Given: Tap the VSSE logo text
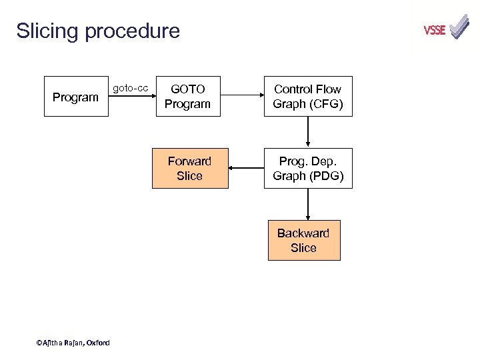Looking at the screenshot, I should (435, 30).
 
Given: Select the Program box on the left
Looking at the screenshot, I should (76, 97).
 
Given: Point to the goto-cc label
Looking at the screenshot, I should (131, 87).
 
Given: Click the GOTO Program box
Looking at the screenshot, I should (187, 97).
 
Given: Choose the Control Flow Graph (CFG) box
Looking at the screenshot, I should (307, 97).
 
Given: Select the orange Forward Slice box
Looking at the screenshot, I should (189, 168).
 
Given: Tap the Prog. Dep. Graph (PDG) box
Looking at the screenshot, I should (307, 168).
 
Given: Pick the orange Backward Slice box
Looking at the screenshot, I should (303, 240).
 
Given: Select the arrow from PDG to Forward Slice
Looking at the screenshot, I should (246, 169).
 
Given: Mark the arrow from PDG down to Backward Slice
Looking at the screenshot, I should (308, 204).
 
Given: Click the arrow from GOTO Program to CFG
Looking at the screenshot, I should (242, 97).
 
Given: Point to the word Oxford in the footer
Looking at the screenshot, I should (98, 343).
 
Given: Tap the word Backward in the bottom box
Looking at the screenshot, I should (303, 233).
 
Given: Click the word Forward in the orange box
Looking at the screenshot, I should (189, 161).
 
